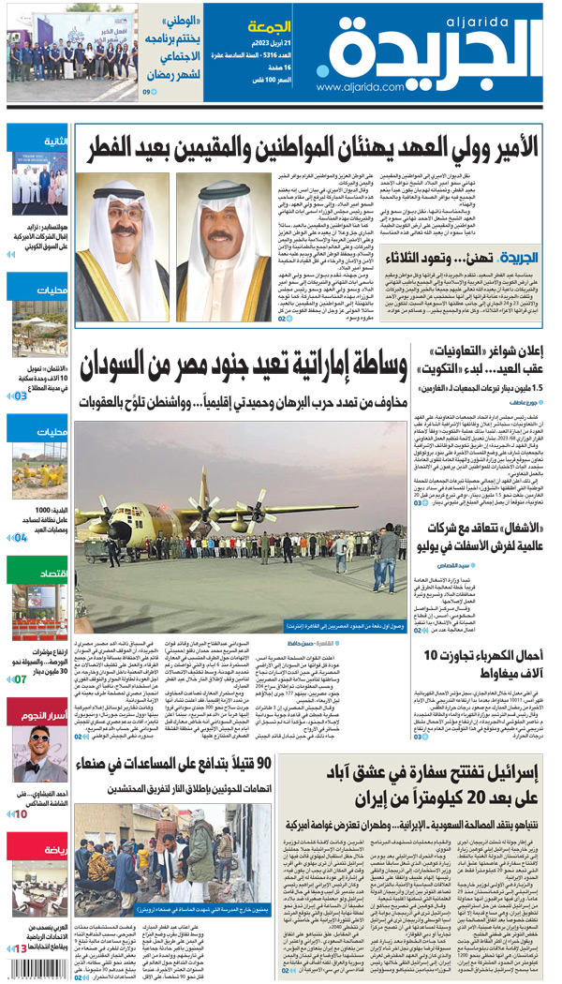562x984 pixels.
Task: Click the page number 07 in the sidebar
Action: coord(20,678)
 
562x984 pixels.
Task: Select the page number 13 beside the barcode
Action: coord(20,949)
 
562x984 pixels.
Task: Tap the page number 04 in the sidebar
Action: coord(20,538)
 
